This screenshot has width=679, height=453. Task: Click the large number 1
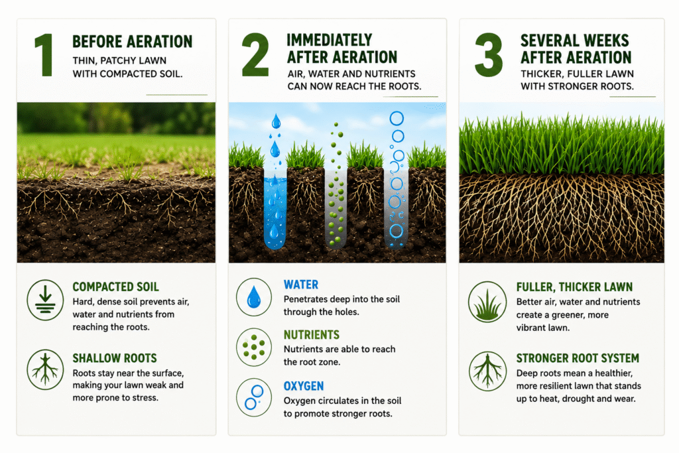(44, 56)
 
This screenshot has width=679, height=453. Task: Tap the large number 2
(255, 55)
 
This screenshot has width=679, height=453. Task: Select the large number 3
(489, 55)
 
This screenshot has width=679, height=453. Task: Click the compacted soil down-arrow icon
(45, 300)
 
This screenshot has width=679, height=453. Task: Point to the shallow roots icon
(45, 369)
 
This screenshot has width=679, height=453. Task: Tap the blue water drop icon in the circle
(254, 297)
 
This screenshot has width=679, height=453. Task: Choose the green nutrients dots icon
(254, 347)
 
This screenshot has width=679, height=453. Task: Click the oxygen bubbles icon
(254, 397)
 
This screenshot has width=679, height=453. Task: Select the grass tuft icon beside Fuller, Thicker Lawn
(487, 302)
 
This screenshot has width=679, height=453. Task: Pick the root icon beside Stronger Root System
(487, 371)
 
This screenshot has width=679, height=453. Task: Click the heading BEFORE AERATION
(132, 42)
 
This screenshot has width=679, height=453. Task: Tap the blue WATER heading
(301, 285)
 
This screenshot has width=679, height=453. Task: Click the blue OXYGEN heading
(304, 386)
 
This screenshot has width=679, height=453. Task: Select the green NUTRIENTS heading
(312, 335)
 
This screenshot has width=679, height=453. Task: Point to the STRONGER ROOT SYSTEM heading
(578, 358)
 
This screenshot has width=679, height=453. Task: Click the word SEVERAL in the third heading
(547, 40)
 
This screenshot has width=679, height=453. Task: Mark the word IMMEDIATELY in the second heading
(329, 40)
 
